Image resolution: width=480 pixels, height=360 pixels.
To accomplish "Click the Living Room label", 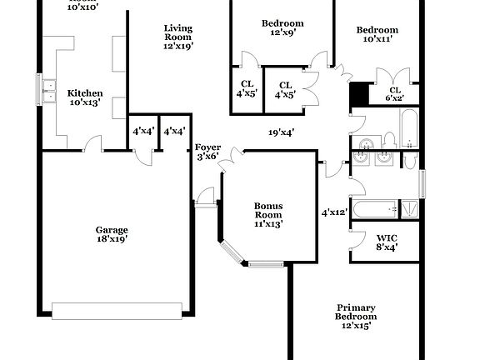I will point(177,37).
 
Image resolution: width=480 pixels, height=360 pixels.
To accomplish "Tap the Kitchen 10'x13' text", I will point(85,98).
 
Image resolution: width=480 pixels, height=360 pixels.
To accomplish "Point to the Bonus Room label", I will point(268,214).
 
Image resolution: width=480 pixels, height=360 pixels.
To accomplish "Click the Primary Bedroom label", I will point(356,316).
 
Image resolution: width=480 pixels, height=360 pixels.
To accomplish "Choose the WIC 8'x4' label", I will point(387,241).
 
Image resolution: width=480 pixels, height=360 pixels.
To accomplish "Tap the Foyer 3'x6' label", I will point(207,152).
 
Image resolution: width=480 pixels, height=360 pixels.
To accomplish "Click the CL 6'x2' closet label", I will point(394,94).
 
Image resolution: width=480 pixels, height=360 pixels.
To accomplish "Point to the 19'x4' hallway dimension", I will point(280,132).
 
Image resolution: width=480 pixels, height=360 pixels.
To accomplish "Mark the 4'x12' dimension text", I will point(335,212).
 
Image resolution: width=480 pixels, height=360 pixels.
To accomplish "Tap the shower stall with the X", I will point(409,209).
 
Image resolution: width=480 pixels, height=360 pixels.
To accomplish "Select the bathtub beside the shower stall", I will point(376,209).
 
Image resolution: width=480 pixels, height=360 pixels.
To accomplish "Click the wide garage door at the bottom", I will point(117,311).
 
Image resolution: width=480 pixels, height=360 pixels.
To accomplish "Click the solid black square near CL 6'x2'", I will point(359,93).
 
